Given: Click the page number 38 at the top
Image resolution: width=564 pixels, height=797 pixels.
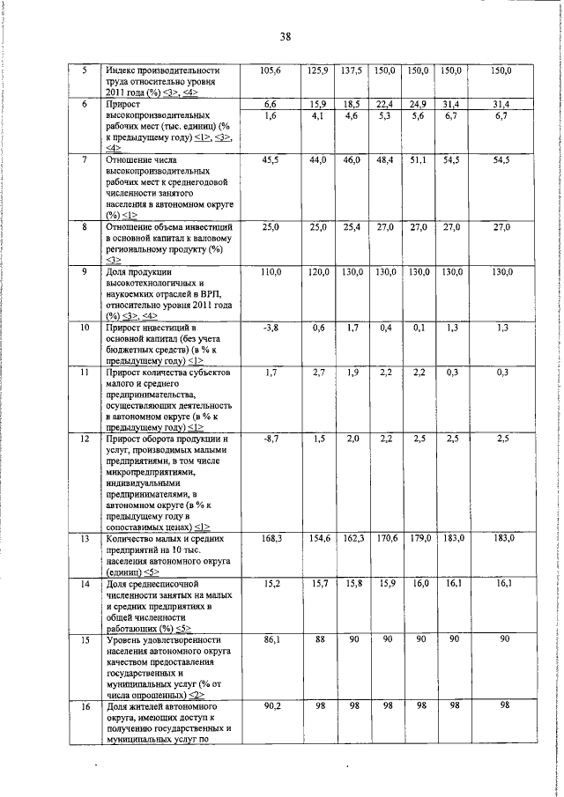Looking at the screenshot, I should (x=286, y=36).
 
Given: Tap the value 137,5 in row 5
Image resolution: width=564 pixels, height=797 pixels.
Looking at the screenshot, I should (x=351, y=70).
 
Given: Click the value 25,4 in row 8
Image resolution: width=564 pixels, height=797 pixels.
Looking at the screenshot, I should (x=351, y=226).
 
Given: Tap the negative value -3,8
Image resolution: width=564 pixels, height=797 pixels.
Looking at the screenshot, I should (x=270, y=328).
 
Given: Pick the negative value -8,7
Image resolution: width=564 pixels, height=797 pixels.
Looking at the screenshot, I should (x=270, y=438).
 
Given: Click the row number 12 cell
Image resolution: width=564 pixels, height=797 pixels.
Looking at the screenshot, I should (x=84, y=438).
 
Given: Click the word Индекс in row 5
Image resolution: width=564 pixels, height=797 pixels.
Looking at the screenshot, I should (x=123, y=70).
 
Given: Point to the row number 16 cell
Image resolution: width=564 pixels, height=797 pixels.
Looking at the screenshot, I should (x=84, y=705).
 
